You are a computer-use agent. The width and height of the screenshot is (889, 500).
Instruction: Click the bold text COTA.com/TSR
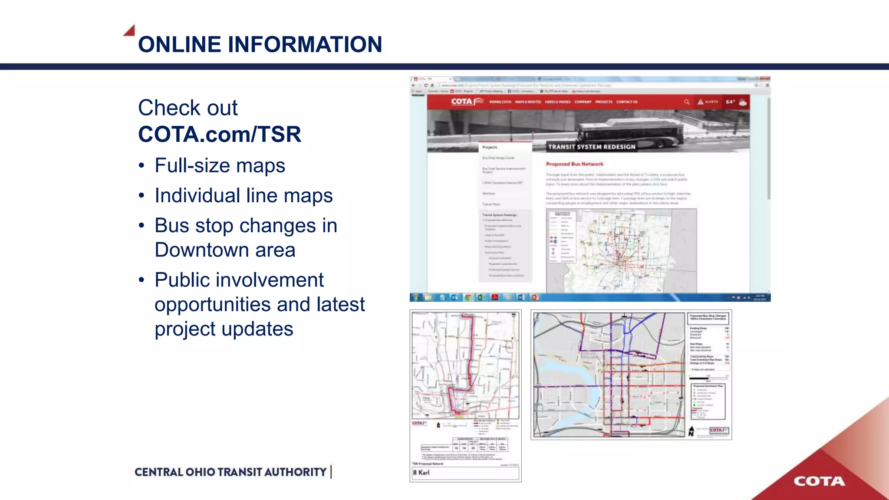pyautogui.click(x=219, y=134)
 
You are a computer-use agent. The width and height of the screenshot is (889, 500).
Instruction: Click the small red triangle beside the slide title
pyautogui.click(x=130, y=30)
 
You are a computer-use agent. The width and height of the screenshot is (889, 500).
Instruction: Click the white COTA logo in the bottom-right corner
pyautogui.click(x=819, y=481)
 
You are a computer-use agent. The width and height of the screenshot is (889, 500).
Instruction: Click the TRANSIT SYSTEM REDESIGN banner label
pyautogui.click(x=592, y=147)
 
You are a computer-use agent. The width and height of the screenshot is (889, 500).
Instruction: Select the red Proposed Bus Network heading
pyautogui.click(x=574, y=164)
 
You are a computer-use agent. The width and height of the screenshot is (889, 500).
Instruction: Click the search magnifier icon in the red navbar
pyautogui.click(x=687, y=102)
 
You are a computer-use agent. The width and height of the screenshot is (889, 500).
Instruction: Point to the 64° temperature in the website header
pyautogui.click(x=730, y=102)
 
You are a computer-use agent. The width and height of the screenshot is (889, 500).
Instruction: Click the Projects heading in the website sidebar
pyautogui.click(x=490, y=148)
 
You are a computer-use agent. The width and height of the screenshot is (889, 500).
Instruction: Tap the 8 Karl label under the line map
pyautogui.click(x=421, y=473)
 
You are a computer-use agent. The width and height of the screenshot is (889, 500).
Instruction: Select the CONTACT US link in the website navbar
pyautogui.click(x=627, y=102)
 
